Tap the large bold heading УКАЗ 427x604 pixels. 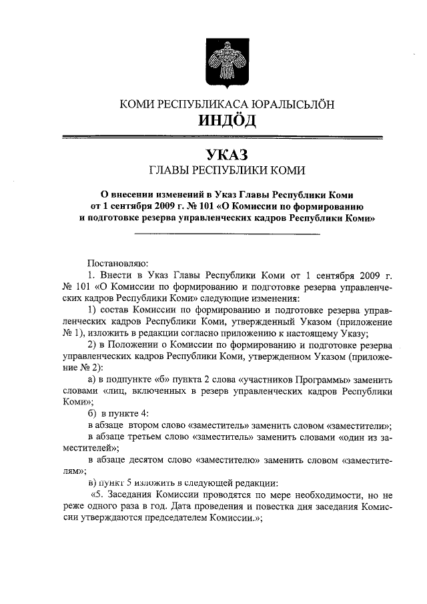(x=226, y=154)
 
